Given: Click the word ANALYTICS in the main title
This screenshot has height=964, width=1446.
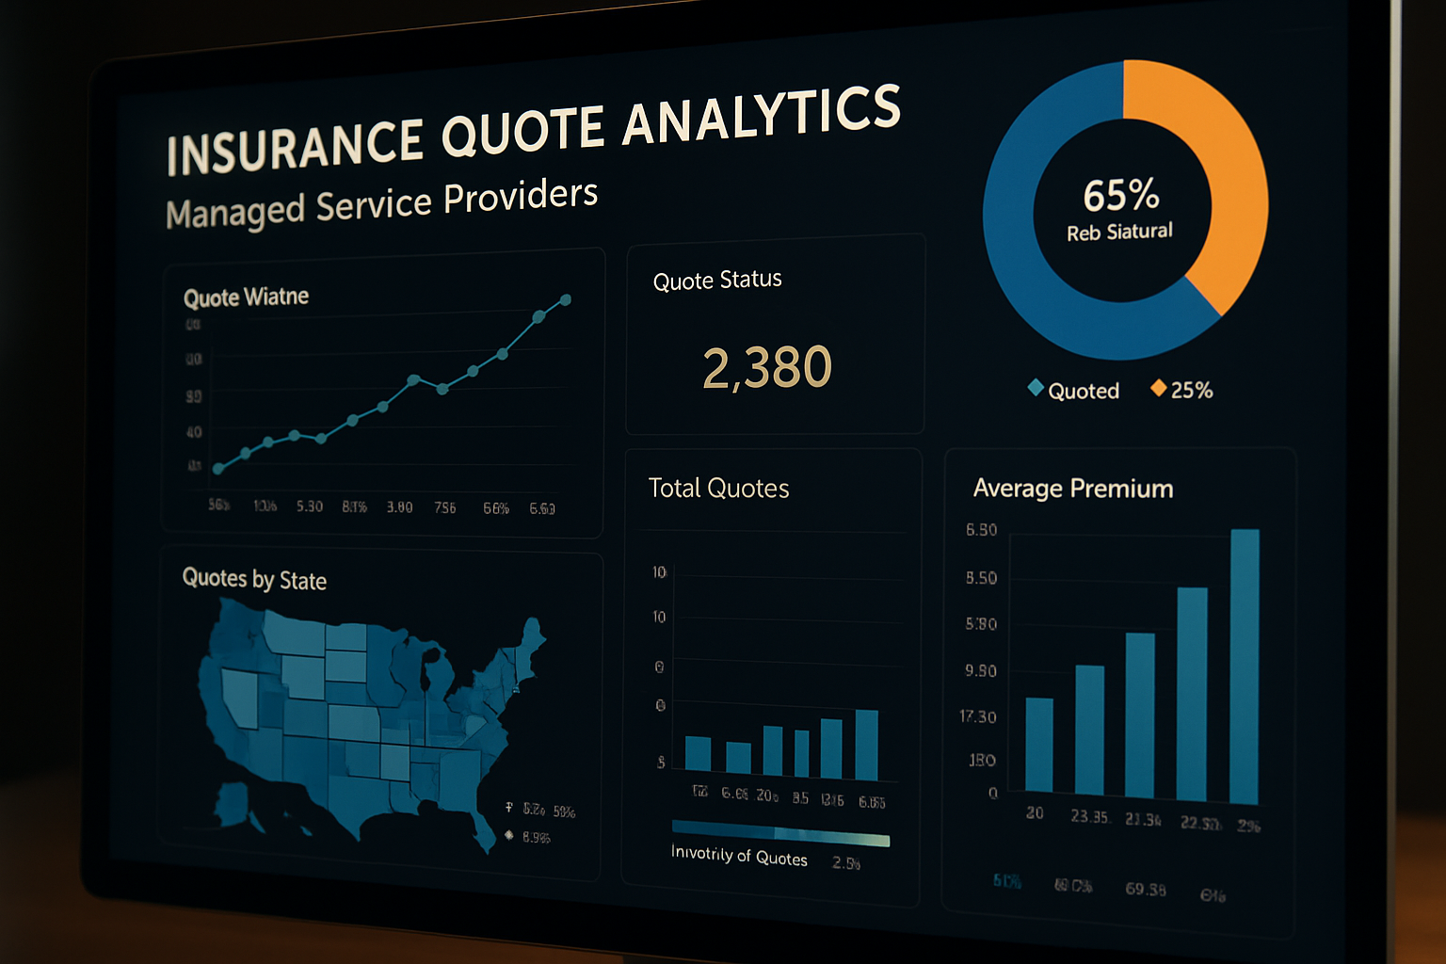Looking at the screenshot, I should coord(761,115).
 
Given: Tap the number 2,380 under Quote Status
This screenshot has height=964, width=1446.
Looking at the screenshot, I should coord(767,367).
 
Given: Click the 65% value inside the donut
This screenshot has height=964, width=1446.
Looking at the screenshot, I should coord(1120,196).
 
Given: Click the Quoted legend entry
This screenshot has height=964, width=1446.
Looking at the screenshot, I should coord(1083,391).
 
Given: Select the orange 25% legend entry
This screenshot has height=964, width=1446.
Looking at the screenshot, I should coord(1190,390).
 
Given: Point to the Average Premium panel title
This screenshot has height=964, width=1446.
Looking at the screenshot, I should coord(1073,489).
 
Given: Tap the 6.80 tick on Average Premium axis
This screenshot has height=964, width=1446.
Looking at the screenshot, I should coord(981,530).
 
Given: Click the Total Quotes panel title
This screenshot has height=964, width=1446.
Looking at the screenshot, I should coord(718,489).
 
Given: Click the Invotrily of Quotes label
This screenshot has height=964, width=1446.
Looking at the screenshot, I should coord(739,856).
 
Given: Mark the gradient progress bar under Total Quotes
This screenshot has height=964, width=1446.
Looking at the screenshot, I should coord(780,833).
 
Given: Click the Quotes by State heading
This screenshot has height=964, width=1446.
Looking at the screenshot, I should coord(254,579).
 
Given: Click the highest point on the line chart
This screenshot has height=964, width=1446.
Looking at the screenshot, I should coord(566,300).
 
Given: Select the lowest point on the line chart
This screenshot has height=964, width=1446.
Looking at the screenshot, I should coord(218,469).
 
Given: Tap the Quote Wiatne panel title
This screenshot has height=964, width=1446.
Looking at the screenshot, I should coord(246,297).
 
